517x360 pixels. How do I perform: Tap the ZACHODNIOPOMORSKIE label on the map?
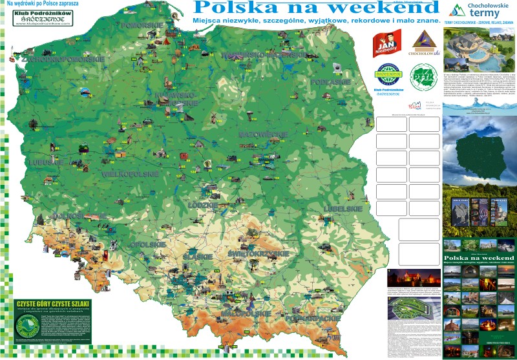(63, 58)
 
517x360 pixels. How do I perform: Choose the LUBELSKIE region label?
(343, 209)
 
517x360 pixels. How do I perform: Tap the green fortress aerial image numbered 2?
(412, 310)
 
